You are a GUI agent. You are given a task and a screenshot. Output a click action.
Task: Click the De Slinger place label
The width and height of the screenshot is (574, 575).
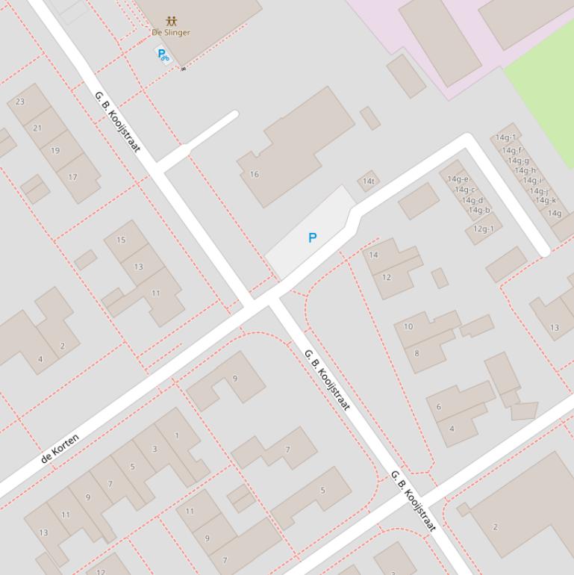click(171, 32)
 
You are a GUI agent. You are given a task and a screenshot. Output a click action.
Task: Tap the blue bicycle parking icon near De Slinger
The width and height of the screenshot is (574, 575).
click(162, 54)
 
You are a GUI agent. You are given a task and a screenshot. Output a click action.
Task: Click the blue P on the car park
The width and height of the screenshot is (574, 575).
click(312, 237)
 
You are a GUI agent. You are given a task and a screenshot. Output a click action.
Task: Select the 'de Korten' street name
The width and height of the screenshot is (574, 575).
click(60, 448)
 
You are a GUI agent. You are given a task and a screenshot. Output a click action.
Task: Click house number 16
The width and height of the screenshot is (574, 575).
click(255, 174)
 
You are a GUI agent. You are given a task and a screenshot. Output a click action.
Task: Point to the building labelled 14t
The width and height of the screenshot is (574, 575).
click(368, 181)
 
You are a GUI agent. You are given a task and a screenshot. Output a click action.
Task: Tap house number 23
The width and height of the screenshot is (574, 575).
click(20, 102)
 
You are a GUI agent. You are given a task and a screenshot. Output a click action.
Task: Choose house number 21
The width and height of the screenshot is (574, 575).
click(37, 128)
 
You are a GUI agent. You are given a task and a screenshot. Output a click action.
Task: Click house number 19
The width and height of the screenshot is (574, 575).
click(54, 150)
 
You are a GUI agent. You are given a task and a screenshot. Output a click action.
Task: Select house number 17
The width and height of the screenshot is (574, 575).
click(72, 177)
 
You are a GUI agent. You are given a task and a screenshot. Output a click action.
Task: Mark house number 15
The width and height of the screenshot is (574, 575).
click(121, 240)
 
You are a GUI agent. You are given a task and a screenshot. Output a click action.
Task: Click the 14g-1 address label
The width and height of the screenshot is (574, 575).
click(505, 137)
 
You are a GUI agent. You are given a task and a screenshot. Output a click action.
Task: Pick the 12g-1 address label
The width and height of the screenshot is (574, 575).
click(483, 229)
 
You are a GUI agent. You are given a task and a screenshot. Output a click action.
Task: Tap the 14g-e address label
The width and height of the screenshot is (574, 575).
click(458, 178)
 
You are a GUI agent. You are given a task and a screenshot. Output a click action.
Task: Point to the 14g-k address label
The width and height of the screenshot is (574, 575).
click(545, 200)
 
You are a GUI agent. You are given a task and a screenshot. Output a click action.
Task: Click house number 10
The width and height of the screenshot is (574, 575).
click(408, 326)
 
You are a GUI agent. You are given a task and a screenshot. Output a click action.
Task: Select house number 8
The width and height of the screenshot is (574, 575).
click(417, 353)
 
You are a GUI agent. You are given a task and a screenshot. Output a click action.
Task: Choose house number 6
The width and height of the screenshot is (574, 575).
click(439, 407)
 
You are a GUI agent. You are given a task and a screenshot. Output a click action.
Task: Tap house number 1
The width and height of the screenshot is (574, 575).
click(177, 435)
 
